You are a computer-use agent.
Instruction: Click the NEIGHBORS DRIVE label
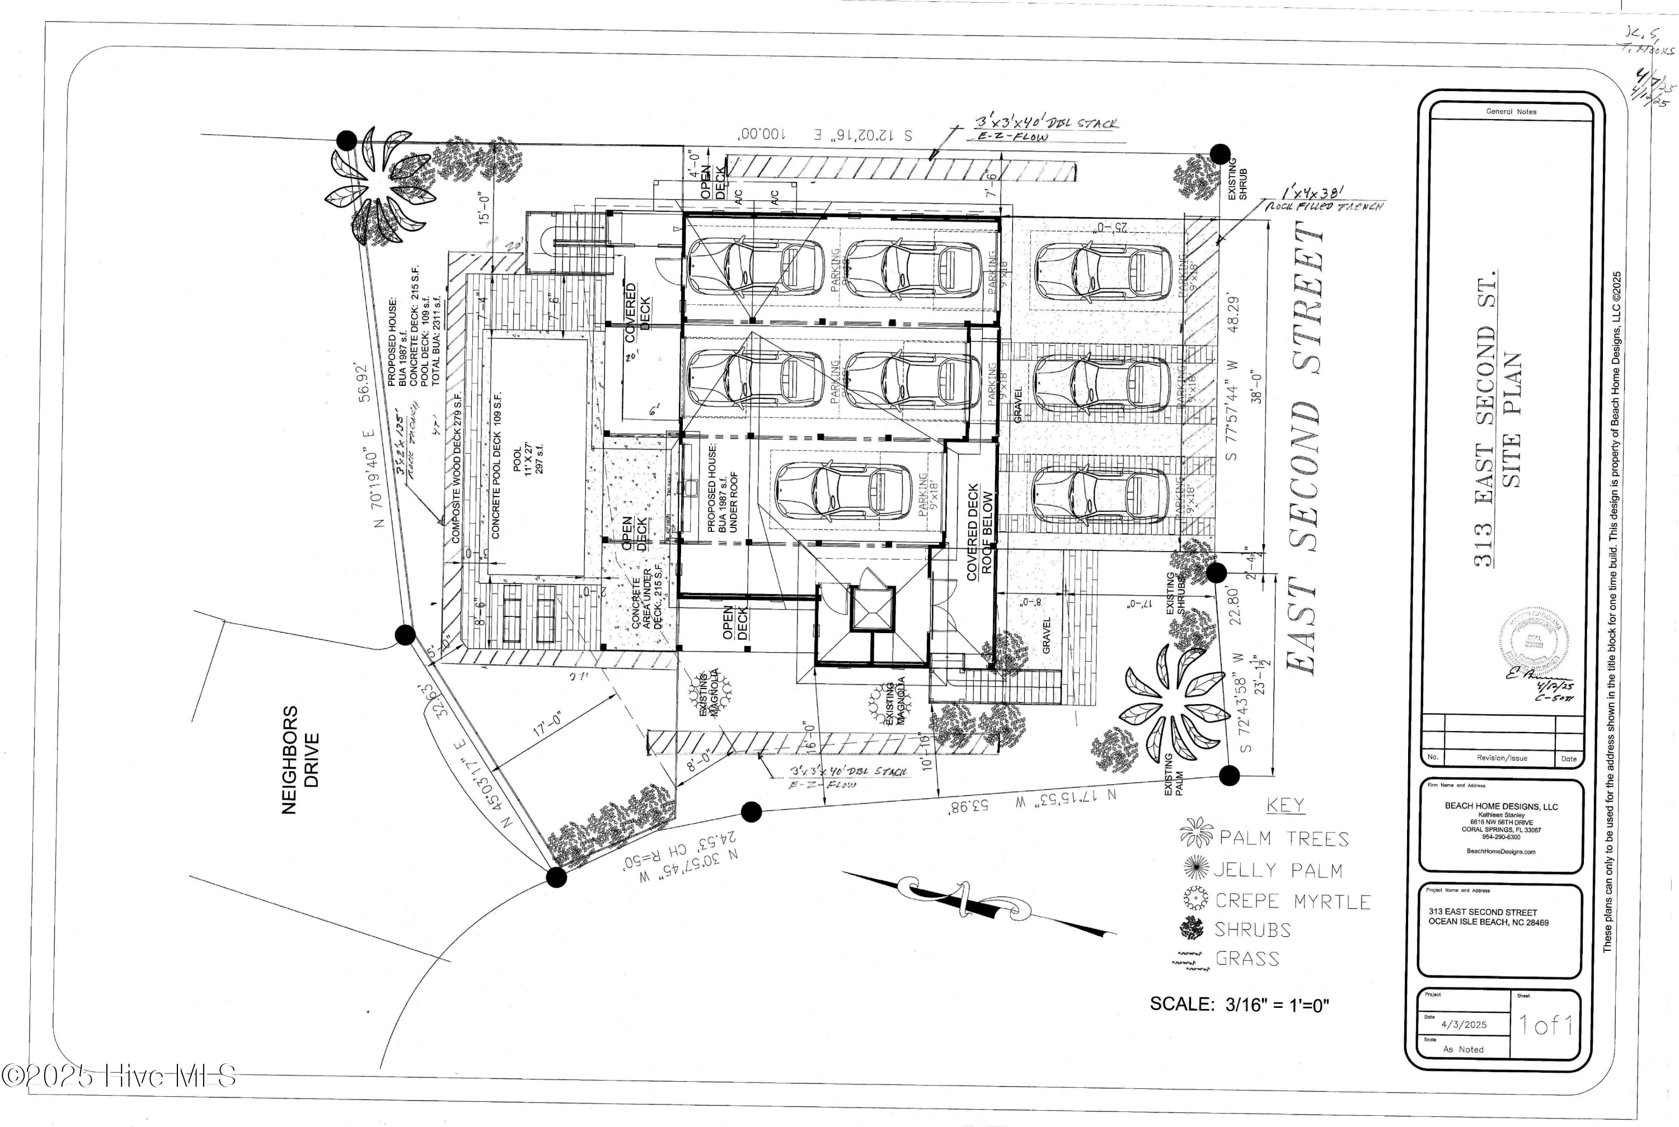[299, 761]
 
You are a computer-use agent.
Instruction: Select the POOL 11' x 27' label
[528, 460]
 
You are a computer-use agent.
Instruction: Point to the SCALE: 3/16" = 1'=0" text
[1239, 1004]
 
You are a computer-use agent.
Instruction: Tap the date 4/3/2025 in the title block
[1464, 1025]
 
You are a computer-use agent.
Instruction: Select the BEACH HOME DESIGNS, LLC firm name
[1500, 807]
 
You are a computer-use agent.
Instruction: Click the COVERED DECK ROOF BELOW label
[979, 532]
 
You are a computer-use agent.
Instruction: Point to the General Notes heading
[1511, 111]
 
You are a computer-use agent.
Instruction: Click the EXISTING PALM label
[1174, 775]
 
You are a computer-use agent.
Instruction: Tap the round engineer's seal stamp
[1533, 640]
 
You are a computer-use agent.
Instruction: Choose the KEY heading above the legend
[1284, 805]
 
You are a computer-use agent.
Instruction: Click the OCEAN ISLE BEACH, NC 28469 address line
[1488, 922]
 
